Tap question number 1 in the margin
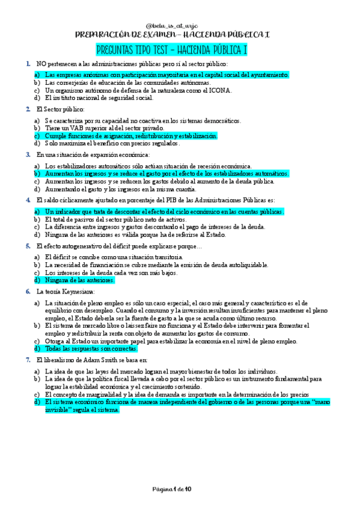pyautogui.click(x=28, y=64)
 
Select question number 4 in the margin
pyautogui.click(x=28, y=200)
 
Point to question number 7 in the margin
pyautogui.click(x=28, y=360)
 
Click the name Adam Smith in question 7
pyautogui.click(x=106, y=360)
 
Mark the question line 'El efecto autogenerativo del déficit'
pyautogui.click(x=119, y=247)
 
